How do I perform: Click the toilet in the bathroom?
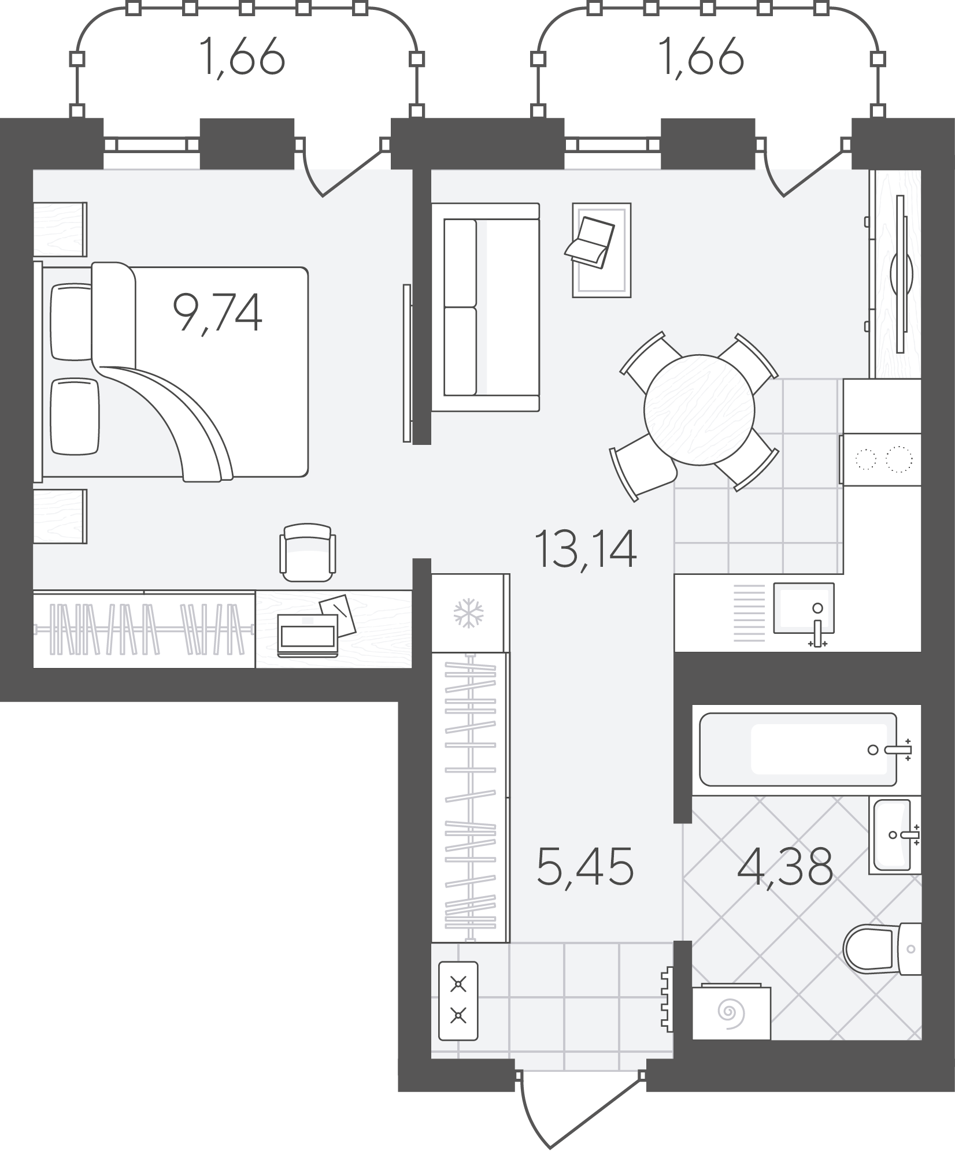[882, 948]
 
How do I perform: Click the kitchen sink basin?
[804, 608]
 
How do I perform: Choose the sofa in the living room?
[486, 307]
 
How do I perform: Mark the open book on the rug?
[590, 243]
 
